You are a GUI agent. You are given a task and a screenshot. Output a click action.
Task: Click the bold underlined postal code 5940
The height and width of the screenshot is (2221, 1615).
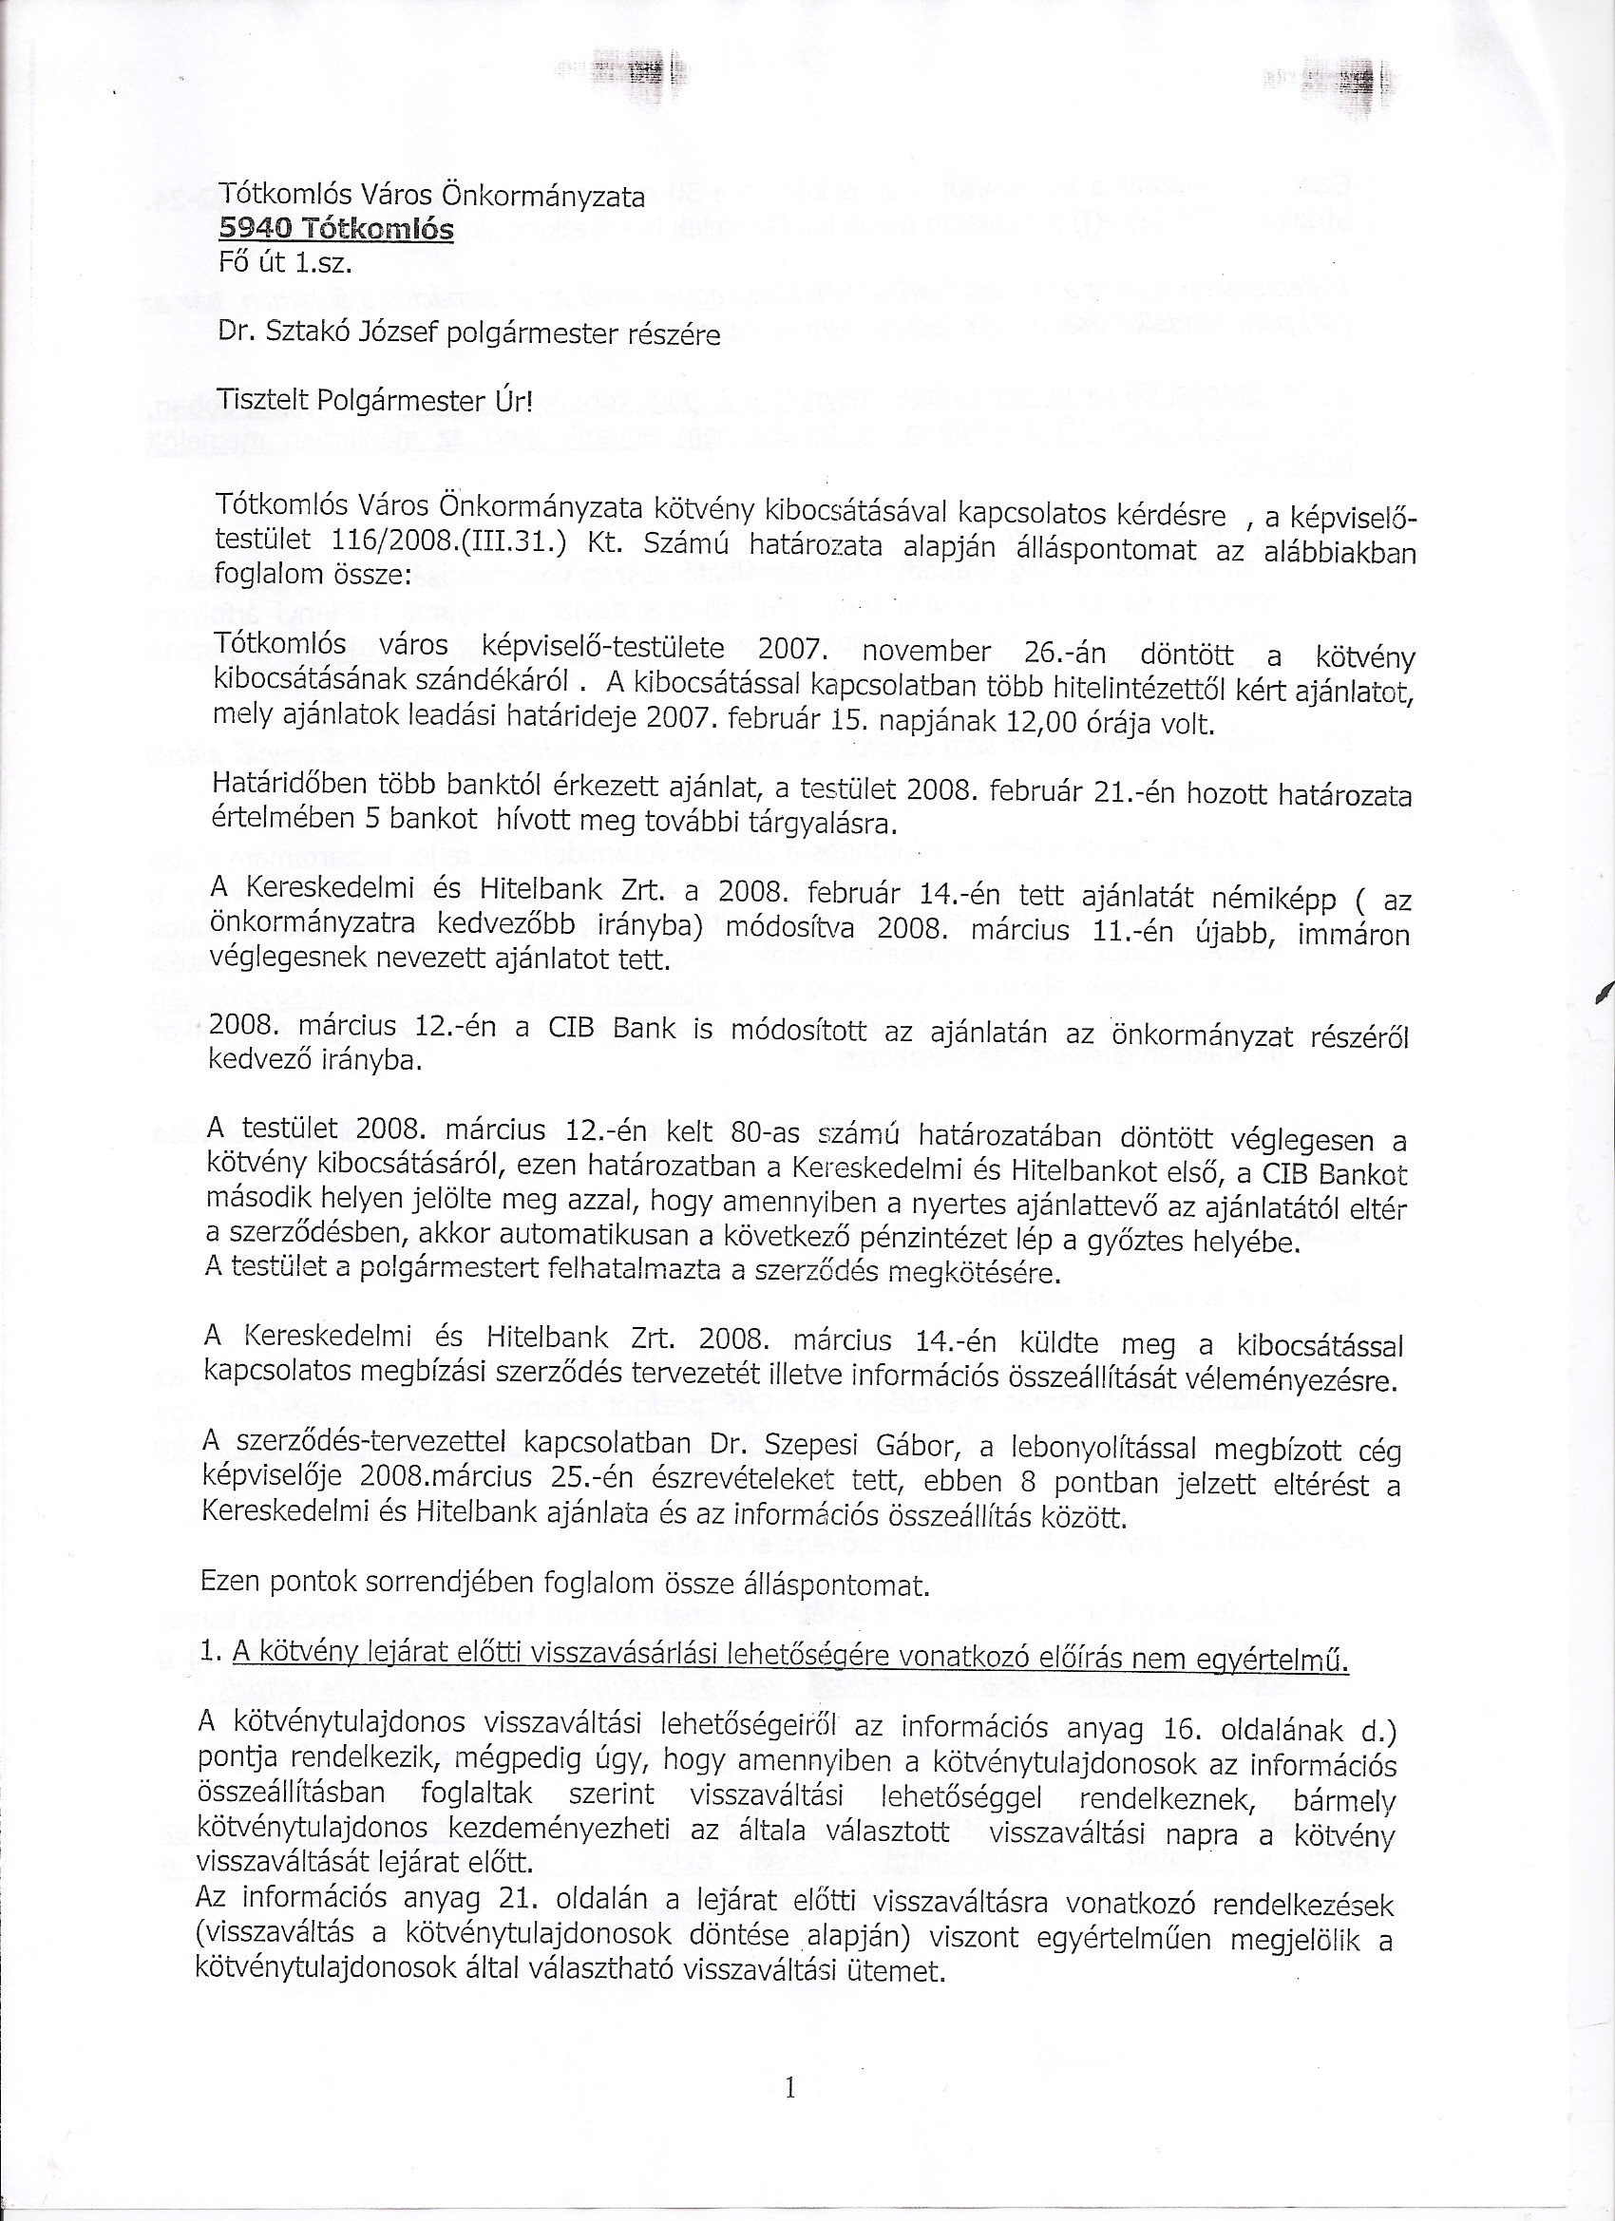254,229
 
